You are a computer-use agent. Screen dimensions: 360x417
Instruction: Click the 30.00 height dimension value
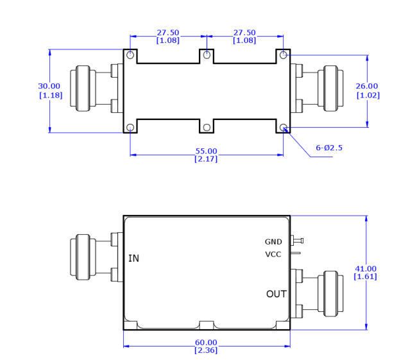tap(49, 86)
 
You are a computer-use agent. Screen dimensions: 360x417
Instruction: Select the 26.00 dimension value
tap(368, 86)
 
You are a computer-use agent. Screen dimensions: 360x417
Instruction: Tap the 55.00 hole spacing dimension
tap(206, 151)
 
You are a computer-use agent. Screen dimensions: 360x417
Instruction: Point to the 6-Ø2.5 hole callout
tap(329, 148)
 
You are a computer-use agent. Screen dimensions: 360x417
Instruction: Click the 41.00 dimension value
tap(365, 268)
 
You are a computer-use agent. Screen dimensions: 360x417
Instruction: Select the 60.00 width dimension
tap(206, 342)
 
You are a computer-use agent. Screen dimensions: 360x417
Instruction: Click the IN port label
tap(133, 259)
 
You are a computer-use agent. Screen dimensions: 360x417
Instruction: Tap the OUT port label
tap(277, 294)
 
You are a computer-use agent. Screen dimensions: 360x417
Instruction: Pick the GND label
tap(273, 242)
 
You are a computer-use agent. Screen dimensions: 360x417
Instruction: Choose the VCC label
tap(273, 254)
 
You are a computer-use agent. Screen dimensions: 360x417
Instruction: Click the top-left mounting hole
tap(130, 56)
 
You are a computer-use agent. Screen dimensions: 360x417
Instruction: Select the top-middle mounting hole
tap(207, 56)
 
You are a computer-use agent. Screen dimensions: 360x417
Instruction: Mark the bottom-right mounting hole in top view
tap(283, 127)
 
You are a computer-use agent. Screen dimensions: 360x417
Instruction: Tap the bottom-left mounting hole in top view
tap(130, 127)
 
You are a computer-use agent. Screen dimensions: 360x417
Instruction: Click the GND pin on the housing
tap(297, 241)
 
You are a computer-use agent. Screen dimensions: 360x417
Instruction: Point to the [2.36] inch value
tap(206, 350)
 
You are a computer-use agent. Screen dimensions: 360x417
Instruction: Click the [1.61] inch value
tap(365, 277)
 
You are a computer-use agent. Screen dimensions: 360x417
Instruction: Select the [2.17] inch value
tap(206, 159)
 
